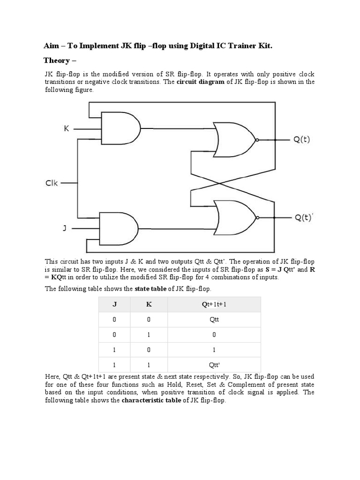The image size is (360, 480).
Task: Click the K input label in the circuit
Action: [67, 128]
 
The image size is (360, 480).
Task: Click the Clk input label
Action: [52, 183]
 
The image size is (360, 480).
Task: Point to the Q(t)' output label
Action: [303, 217]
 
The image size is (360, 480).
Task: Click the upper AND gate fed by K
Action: [120, 128]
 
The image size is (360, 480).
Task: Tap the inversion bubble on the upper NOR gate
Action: [256, 140]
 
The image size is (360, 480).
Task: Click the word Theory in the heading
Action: [56, 60]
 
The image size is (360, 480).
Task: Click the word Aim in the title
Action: [51, 45]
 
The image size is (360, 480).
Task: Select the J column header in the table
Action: [114, 304]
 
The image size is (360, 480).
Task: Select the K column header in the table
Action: [149, 304]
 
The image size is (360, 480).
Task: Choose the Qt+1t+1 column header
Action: [214, 304]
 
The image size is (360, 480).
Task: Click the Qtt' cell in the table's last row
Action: [214, 365]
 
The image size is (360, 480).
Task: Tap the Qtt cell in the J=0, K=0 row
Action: [214, 320]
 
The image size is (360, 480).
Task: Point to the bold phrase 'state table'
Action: [150, 289]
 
